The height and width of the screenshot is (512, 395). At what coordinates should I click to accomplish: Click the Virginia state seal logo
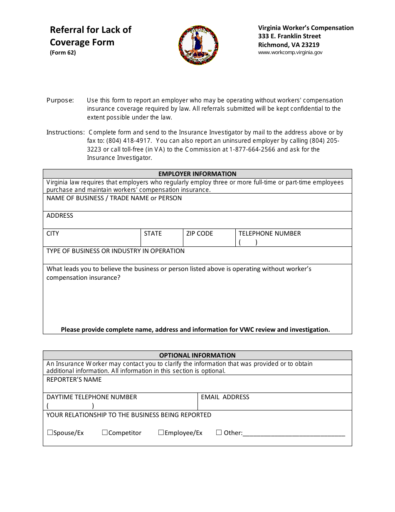pyautogui.click(x=198, y=45)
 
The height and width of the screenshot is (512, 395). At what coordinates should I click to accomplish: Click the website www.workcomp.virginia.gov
pyautogui.click(x=290, y=52)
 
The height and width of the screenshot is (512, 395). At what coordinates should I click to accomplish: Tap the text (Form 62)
pyautogui.click(x=63, y=53)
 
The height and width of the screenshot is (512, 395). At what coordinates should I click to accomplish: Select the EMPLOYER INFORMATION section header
pyautogui.click(x=197, y=174)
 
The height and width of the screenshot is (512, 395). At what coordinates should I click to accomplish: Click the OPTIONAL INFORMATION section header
pyautogui.click(x=197, y=355)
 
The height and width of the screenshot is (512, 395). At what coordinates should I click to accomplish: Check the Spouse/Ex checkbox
pyautogui.click(x=50, y=432)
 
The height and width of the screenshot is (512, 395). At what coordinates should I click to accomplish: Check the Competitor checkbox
pyautogui.click(x=105, y=432)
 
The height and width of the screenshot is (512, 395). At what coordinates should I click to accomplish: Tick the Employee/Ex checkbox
pyautogui.click(x=161, y=432)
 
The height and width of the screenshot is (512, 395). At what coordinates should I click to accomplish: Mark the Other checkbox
pyautogui.click(x=219, y=432)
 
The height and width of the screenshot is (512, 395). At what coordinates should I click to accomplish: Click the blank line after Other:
pyautogui.click(x=294, y=434)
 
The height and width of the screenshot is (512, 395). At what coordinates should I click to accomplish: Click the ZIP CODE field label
pyautogui.click(x=200, y=234)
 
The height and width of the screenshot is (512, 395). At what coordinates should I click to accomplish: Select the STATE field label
pyautogui.click(x=153, y=234)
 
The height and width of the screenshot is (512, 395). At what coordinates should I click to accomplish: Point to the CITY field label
pyautogui.click(x=53, y=234)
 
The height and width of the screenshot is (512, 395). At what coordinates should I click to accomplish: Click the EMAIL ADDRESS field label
pyautogui.click(x=225, y=397)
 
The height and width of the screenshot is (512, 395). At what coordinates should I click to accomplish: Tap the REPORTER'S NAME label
pyautogui.click(x=74, y=380)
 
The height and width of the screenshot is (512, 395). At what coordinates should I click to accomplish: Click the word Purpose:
pyautogui.click(x=60, y=100)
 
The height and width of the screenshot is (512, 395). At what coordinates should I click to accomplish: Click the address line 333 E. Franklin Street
pyautogui.click(x=289, y=36)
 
